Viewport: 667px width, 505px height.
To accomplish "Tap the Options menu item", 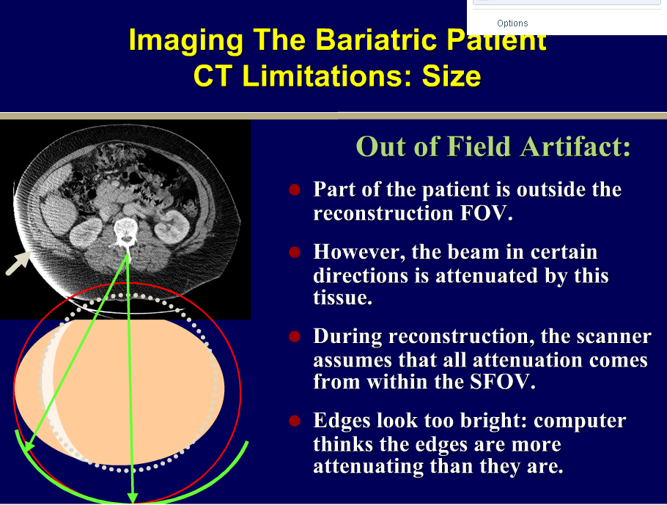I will point(512,23).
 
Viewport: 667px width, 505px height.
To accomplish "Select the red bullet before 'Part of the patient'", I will point(295,190).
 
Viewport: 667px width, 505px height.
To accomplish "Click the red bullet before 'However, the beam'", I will point(295,252).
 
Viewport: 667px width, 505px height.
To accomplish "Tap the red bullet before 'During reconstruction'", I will point(295,336).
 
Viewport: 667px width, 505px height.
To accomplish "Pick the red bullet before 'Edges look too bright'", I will point(295,421).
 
